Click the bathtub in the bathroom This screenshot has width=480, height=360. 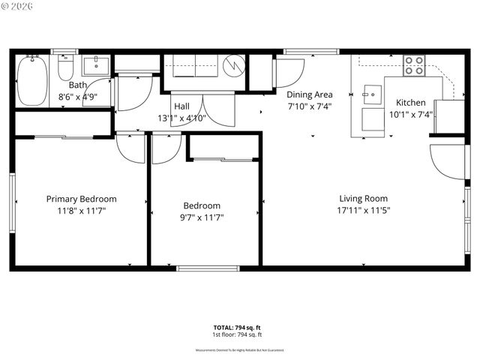(33, 81)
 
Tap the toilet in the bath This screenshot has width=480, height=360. (65, 70)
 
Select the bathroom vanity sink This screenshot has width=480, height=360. (94, 65)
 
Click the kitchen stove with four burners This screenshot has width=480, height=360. (414, 66)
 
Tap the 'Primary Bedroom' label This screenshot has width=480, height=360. (81, 199)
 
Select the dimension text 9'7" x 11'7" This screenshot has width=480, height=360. (202, 217)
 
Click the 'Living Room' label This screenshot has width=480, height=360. (364, 199)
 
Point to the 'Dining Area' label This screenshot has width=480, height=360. (309, 94)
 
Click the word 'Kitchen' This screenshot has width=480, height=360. (410, 103)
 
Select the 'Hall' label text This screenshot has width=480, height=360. (181, 106)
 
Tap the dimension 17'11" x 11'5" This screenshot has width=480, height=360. (364, 211)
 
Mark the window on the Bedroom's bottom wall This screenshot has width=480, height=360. (208, 268)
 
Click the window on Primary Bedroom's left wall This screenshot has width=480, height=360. (12, 199)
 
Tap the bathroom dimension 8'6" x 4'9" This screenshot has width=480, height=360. (77, 97)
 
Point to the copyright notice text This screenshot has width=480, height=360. (19, 7)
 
